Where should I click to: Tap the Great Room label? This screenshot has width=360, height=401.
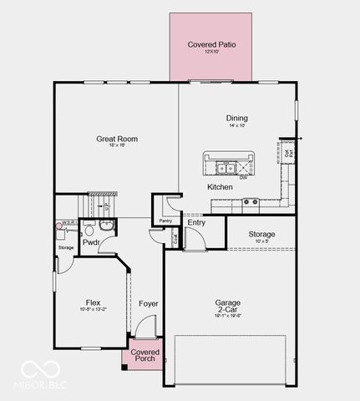tap(117, 139)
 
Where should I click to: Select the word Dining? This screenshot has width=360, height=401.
tap(236, 118)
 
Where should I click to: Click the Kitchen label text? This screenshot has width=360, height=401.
tap(220, 187)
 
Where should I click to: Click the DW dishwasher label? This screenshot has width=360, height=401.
tap(243, 177)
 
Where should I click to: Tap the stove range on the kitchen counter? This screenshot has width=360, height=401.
tap(250, 201)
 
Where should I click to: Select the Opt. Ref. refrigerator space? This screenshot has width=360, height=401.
tap(289, 153)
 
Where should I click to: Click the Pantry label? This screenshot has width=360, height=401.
tap(165, 221)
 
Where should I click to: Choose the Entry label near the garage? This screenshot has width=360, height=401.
tap(196, 222)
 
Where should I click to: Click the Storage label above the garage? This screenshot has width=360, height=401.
tap(261, 234)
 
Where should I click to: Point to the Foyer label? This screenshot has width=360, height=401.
tap(149, 303)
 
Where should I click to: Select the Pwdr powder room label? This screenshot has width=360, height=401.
tap(91, 242)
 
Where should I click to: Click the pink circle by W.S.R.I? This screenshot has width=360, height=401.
tap(59, 226)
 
